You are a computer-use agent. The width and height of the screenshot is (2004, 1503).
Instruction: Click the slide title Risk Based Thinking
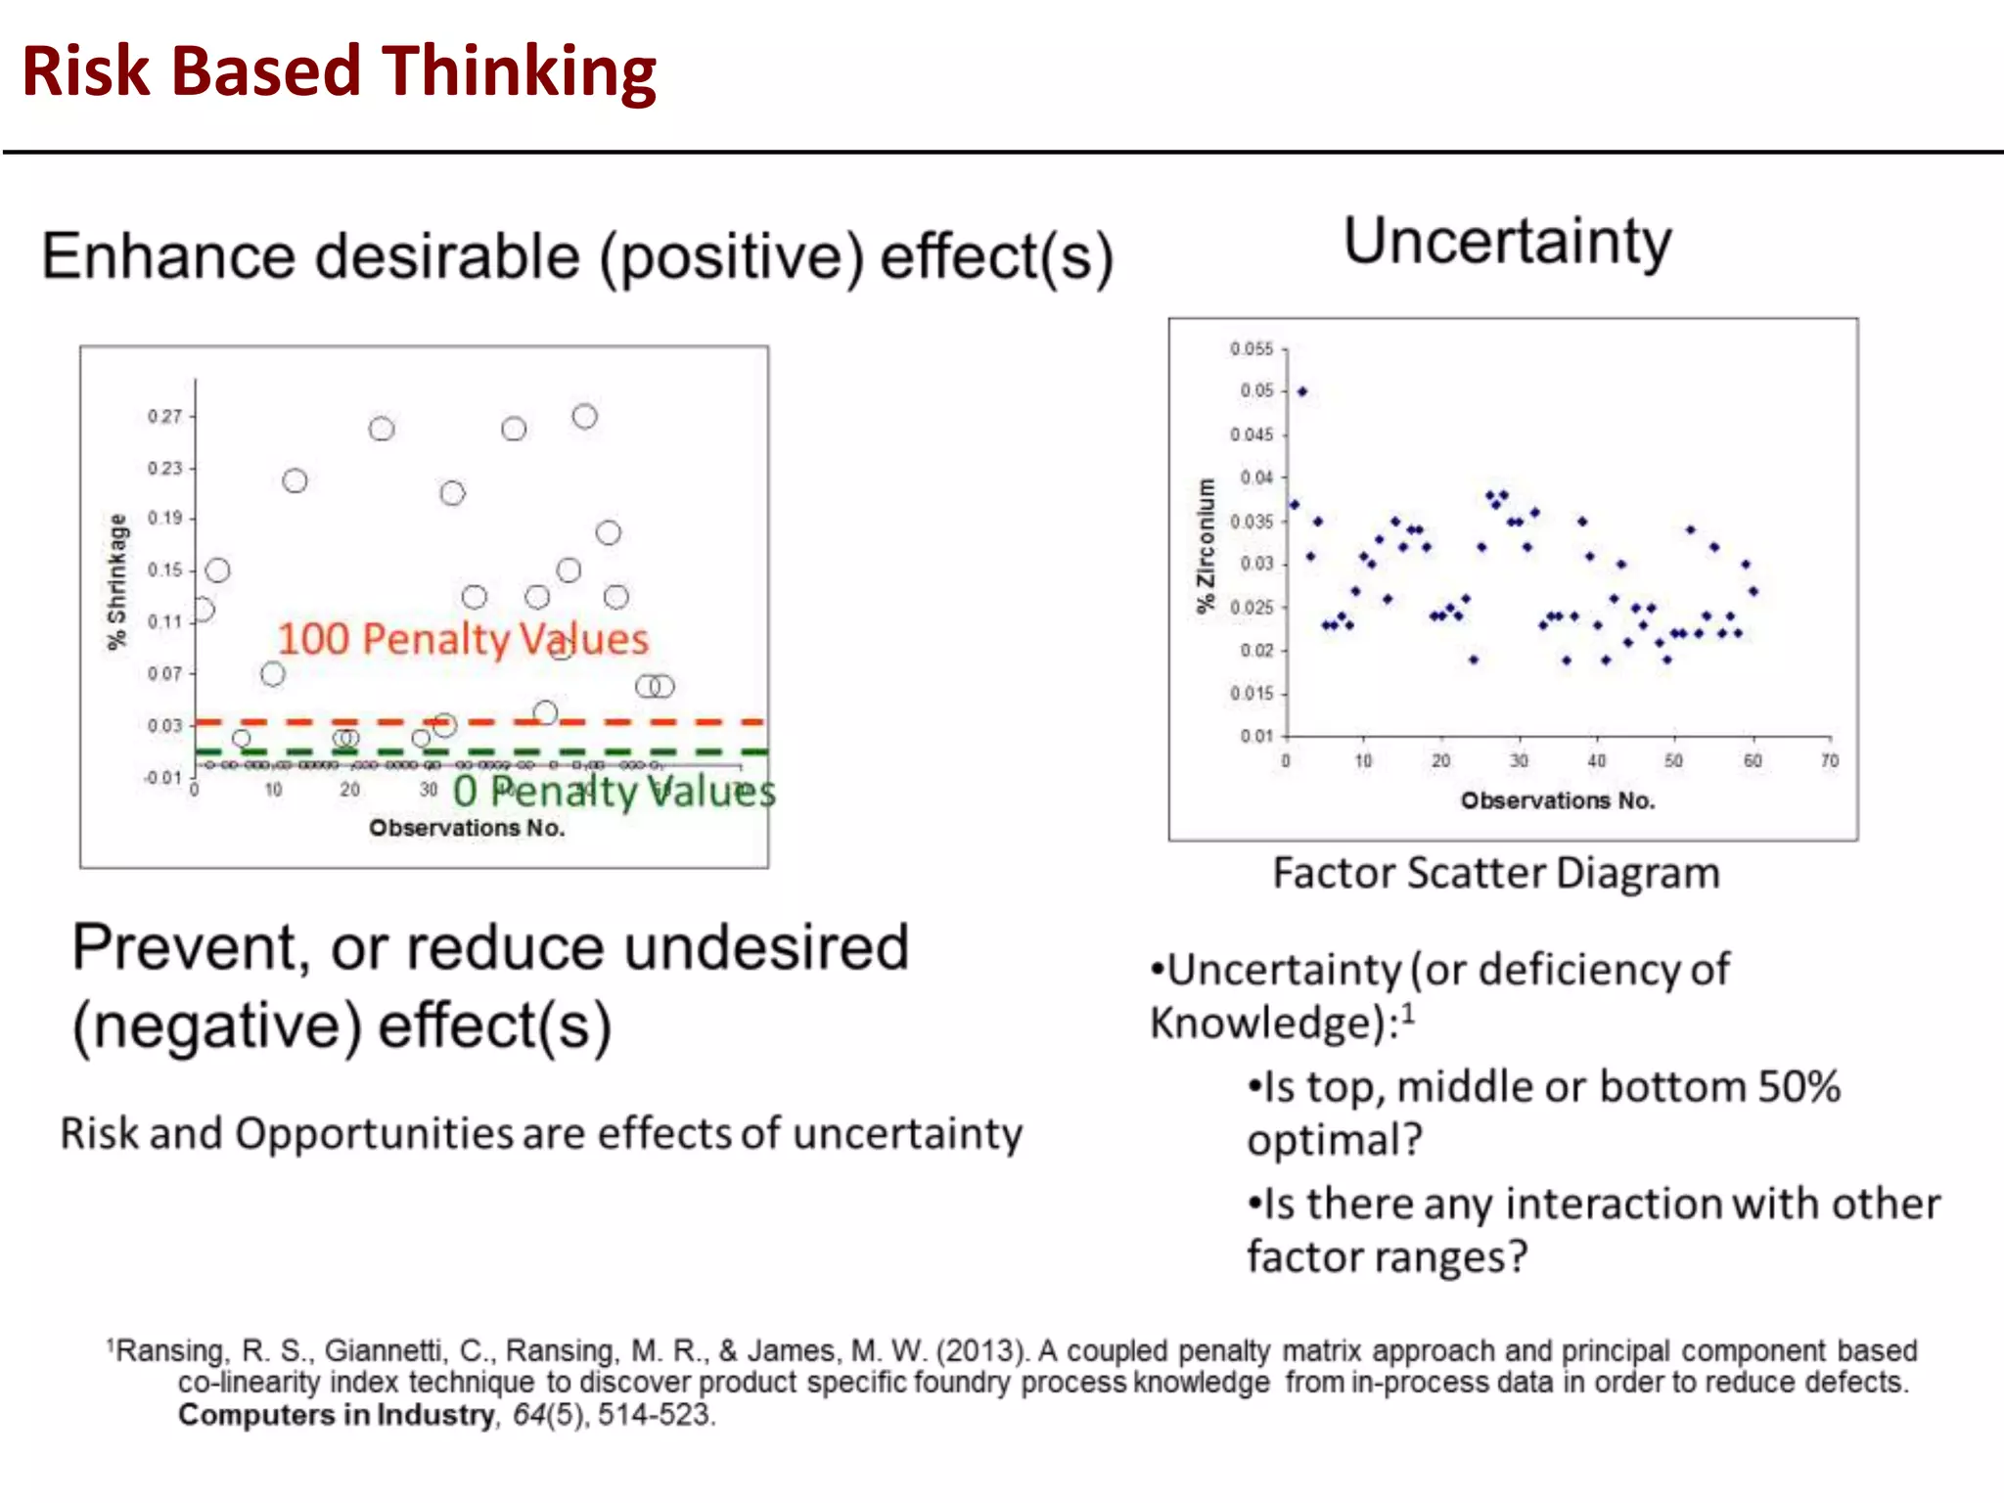point(339,72)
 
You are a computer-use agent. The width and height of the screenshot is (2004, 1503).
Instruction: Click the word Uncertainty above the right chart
point(1507,242)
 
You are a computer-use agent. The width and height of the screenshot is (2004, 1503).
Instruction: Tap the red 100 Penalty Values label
point(463,639)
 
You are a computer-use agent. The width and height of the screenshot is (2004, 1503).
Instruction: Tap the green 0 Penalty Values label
point(614,792)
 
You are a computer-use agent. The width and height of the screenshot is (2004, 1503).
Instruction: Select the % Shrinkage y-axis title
point(117,581)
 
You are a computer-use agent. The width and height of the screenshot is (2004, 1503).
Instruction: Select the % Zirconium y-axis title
point(1206,545)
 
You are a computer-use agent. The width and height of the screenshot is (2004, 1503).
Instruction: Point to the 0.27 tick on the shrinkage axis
point(164,417)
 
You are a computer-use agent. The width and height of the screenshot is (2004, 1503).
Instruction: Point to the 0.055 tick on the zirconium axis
point(1252,349)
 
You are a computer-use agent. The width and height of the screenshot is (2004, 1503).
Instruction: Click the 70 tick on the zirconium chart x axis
point(1830,760)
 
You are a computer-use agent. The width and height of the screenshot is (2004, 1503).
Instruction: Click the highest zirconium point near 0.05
point(1302,391)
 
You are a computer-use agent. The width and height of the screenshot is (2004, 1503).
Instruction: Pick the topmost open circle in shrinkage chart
point(584,417)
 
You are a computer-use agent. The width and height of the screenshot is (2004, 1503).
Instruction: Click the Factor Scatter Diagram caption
point(1495,873)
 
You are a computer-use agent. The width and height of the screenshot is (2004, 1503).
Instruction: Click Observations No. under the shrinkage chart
point(467,828)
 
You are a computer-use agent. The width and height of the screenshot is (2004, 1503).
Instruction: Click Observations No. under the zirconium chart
point(1558,800)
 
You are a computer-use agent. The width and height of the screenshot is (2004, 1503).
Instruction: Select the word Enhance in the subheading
point(167,256)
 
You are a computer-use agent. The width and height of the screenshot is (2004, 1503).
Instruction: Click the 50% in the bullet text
point(1799,1087)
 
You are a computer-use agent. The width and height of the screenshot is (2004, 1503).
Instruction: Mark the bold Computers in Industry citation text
point(336,1415)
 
